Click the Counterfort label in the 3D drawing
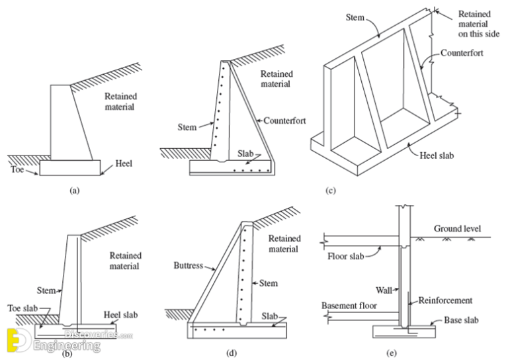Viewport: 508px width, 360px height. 465,50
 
